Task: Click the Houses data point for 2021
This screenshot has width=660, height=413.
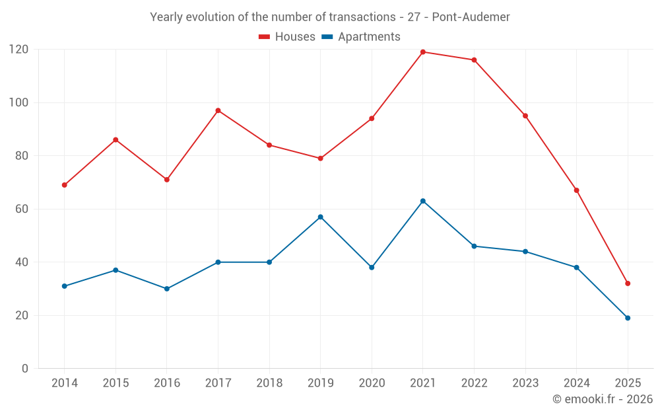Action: click(423, 52)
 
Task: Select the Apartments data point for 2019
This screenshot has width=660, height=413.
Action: click(321, 217)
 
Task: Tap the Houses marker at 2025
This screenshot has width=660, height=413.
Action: click(628, 283)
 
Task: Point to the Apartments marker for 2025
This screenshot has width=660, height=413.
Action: click(628, 318)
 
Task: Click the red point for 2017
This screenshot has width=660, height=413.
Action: click(218, 110)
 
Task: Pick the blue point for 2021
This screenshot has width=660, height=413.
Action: click(423, 201)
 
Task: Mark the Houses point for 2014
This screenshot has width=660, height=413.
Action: click(64, 185)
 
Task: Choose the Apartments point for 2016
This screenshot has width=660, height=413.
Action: click(167, 289)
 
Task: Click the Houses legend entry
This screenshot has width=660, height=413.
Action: click(287, 37)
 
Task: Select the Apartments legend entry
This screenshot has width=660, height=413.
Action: click(361, 37)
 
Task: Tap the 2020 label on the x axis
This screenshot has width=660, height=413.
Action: click(372, 383)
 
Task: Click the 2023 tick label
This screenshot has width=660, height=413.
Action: click(525, 383)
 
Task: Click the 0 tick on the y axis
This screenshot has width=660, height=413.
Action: click(25, 369)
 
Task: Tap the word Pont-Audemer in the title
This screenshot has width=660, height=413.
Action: click(471, 17)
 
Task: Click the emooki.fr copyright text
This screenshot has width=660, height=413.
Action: click(602, 399)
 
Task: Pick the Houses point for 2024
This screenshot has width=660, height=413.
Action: click(576, 190)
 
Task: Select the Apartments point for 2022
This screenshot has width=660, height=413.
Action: click(474, 246)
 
